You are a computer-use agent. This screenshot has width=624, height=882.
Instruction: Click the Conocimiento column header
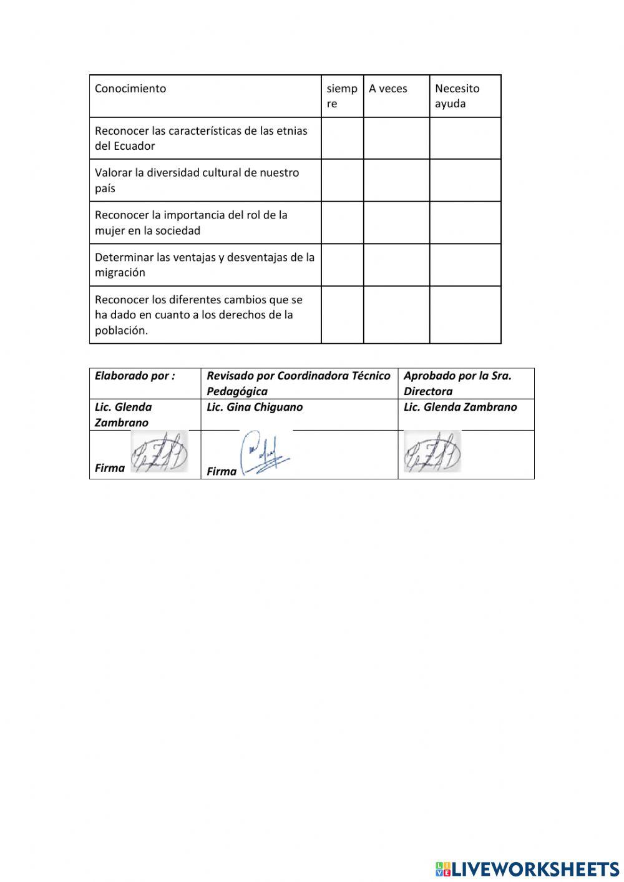130,89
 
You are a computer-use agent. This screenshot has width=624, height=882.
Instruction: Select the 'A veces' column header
388,89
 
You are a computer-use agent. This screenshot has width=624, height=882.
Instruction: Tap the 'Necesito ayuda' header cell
457,96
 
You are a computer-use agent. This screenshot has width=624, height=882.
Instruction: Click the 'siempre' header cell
341,96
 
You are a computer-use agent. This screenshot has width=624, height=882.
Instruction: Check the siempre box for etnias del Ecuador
342,139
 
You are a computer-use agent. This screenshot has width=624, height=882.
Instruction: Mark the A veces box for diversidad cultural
396,180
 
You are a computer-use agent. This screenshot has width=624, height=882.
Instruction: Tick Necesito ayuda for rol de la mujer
465,223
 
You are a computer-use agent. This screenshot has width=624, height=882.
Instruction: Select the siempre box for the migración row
342,265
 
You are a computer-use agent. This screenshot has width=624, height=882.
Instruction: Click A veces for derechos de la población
396,315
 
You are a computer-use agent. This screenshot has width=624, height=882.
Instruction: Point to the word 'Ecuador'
134,146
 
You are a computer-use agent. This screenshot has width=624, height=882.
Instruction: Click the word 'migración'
120,273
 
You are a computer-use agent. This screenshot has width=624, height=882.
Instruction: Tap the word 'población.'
121,331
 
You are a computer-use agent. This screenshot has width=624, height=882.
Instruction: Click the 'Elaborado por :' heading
135,376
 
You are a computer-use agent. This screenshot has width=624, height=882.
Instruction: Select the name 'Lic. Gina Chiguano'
255,407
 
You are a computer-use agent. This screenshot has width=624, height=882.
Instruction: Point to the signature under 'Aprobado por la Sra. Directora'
432,452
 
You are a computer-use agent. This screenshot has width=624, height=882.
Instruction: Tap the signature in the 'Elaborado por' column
159,452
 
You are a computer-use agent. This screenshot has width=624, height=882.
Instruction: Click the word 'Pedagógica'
237,391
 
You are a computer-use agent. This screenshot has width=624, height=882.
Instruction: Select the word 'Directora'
428,391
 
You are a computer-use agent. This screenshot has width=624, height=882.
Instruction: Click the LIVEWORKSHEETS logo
527,869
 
